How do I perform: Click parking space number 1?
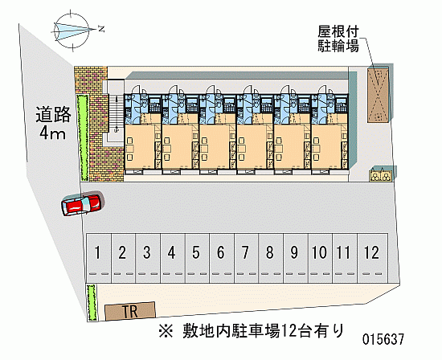98,258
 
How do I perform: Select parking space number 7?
246,258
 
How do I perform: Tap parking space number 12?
372,258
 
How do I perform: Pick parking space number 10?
320,258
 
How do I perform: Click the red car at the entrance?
81,204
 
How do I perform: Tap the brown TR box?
130,311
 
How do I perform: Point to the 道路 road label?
53,115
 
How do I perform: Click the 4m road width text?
53,133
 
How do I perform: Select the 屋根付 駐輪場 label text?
338,39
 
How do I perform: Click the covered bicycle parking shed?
378,95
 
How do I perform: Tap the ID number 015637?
383,339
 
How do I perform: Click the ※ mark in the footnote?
166,331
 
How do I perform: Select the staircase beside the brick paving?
116,114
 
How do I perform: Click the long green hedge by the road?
83,137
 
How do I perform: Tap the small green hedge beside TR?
92,302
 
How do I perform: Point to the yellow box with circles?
381,176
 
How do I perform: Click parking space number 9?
296,258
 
